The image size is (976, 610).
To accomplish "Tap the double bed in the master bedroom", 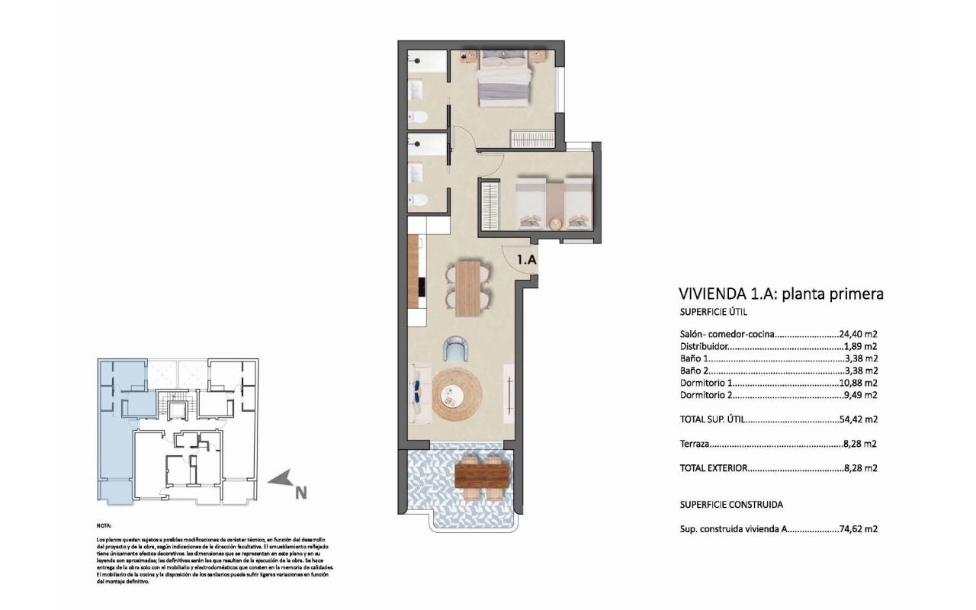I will (x=504, y=79).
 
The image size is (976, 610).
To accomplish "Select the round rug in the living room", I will (x=457, y=395).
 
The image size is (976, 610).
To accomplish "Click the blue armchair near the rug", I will (x=456, y=349).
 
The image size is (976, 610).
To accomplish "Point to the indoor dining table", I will (x=468, y=287).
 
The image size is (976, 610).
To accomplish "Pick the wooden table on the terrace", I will (x=482, y=476).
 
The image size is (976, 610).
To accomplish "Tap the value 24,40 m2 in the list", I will (x=859, y=334).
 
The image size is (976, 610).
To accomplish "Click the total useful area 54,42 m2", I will (x=859, y=419).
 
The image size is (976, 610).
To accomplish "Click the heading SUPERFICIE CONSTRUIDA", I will (x=731, y=505).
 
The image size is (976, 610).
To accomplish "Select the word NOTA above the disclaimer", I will (x=104, y=526).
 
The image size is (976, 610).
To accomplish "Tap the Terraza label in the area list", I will (x=695, y=444).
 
